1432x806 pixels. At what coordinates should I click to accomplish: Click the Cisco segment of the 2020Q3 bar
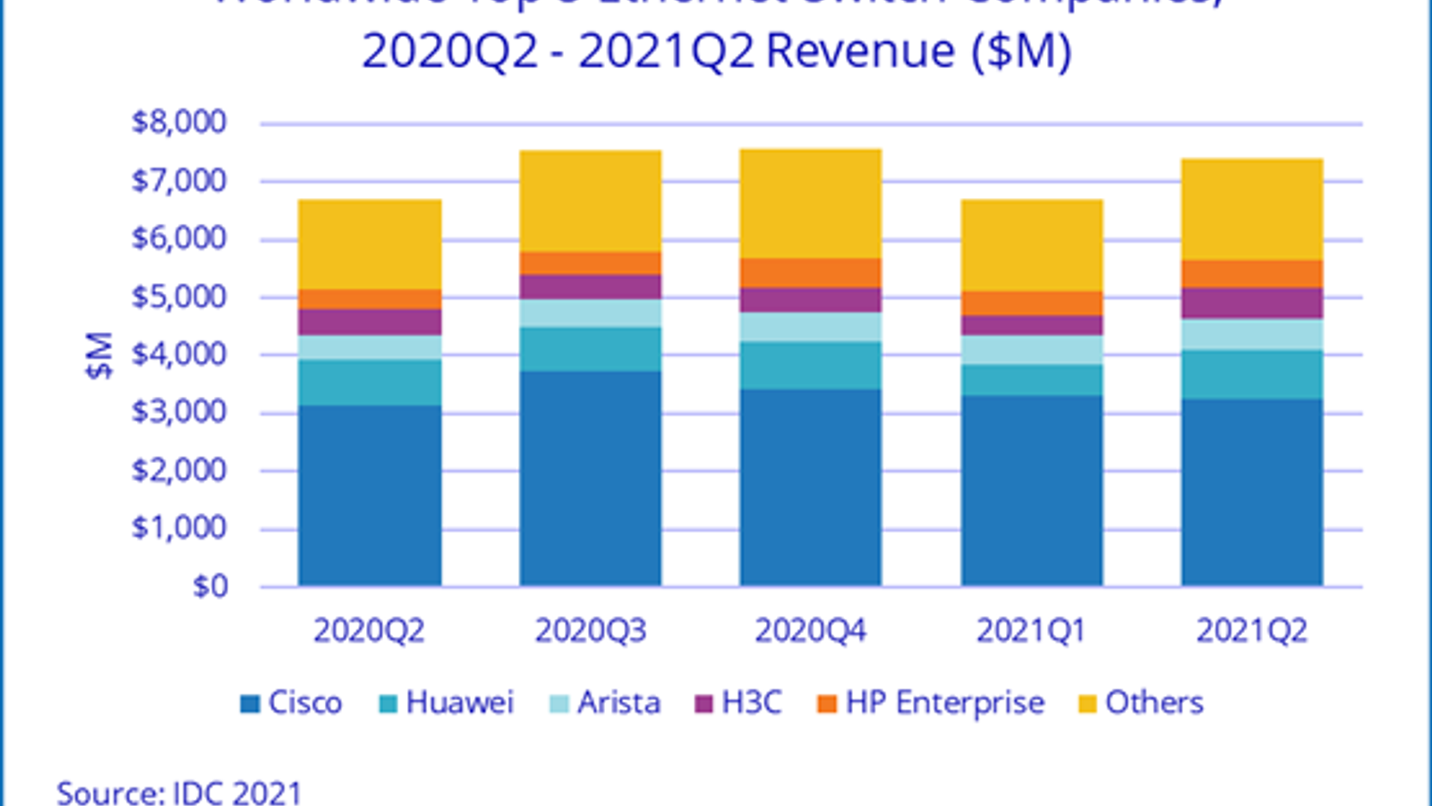[x=590, y=479]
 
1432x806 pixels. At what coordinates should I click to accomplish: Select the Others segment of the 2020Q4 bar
[x=810, y=204]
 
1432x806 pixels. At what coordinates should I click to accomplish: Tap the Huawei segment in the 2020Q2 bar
[x=370, y=382]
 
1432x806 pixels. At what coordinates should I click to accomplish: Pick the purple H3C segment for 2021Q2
[x=1251, y=303]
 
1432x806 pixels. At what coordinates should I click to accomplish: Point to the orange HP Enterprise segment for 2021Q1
[x=1031, y=304]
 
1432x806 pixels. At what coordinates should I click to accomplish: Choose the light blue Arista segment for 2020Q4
[x=810, y=327]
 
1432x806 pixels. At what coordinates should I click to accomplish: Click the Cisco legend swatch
[x=250, y=704]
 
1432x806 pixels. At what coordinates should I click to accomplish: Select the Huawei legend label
[x=460, y=703]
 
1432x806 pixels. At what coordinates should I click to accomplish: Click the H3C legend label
[x=752, y=703]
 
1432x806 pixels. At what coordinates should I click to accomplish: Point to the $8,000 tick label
[x=179, y=123]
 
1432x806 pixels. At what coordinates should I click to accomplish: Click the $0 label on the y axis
[x=210, y=587]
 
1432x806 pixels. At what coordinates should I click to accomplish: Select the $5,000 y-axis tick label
[x=179, y=297]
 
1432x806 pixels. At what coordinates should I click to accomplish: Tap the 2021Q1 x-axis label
[x=1031, y=631]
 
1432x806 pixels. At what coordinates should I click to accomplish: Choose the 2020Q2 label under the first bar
[x=370, y=631]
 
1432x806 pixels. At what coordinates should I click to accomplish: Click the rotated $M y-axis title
[x=100, y=356]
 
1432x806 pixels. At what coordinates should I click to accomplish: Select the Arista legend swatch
[x=558, y=704]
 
